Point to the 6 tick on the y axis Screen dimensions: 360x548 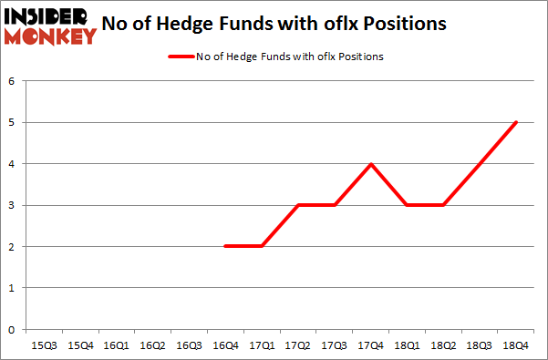(12, 81)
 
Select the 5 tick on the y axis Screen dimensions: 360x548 (12, 123)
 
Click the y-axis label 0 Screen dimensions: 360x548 (12, 330)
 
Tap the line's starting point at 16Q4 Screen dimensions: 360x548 (225, 246)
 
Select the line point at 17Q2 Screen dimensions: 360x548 (297, 205)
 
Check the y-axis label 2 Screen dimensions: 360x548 (12, 247)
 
